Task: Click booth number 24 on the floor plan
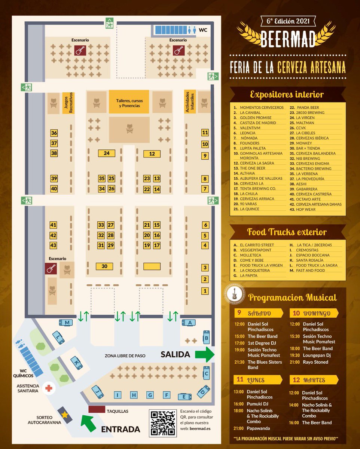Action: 107,153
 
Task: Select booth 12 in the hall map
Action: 152,154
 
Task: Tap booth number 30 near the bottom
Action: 104,266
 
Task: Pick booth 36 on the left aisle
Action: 54,133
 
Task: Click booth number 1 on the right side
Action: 205,291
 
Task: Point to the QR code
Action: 163,423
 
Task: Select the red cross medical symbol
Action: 48,388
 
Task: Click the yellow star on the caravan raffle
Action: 65,415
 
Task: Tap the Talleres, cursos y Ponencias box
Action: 129,101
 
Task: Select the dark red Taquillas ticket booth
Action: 97,409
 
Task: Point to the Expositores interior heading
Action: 287,94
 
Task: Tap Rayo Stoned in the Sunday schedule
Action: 315,362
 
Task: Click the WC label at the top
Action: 202,30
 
